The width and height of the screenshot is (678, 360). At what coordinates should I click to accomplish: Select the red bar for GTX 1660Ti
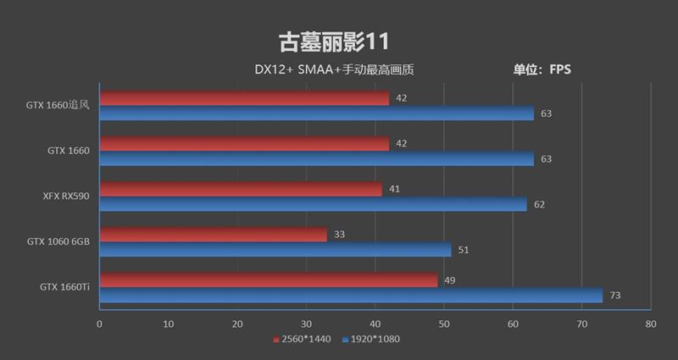pyautogui.click(x=269, y=280)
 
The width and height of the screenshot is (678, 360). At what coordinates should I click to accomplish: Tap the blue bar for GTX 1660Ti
pyautogui.click(x=351, y=296)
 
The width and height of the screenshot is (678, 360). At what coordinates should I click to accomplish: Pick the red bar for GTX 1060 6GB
pyautogui.click(x=213, y=235)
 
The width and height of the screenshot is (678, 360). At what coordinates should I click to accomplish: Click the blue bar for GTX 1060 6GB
pyautogui.click(x=275, y=250)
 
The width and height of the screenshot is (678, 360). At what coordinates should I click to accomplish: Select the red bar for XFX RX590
pyautogui.click(x=241, y=189)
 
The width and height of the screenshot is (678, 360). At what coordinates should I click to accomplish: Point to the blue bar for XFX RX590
pyautogui.click(x=313, y=204)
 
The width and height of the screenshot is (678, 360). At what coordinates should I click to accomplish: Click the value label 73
pyautogui.click(x=616, y=296)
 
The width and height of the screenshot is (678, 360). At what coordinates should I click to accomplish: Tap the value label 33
pyautogui.click(x=340, y=235)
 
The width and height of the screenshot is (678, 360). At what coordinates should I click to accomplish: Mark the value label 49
pyautogui.click(x=450, y=280)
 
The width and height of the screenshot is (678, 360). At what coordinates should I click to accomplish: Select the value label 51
pyautogui.click(x=464, y=250)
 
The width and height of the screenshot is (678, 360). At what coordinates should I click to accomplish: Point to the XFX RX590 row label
pyautogui.click(x=66, y=196)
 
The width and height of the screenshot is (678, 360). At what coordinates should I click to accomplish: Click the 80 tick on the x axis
pyautogui.click(x=650, y=324)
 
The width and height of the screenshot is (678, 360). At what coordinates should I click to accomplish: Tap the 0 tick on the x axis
pyautogui.click(x=99, y=324)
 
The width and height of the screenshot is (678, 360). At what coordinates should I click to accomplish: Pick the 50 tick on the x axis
pyautogui.click(x=444, y=324)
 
